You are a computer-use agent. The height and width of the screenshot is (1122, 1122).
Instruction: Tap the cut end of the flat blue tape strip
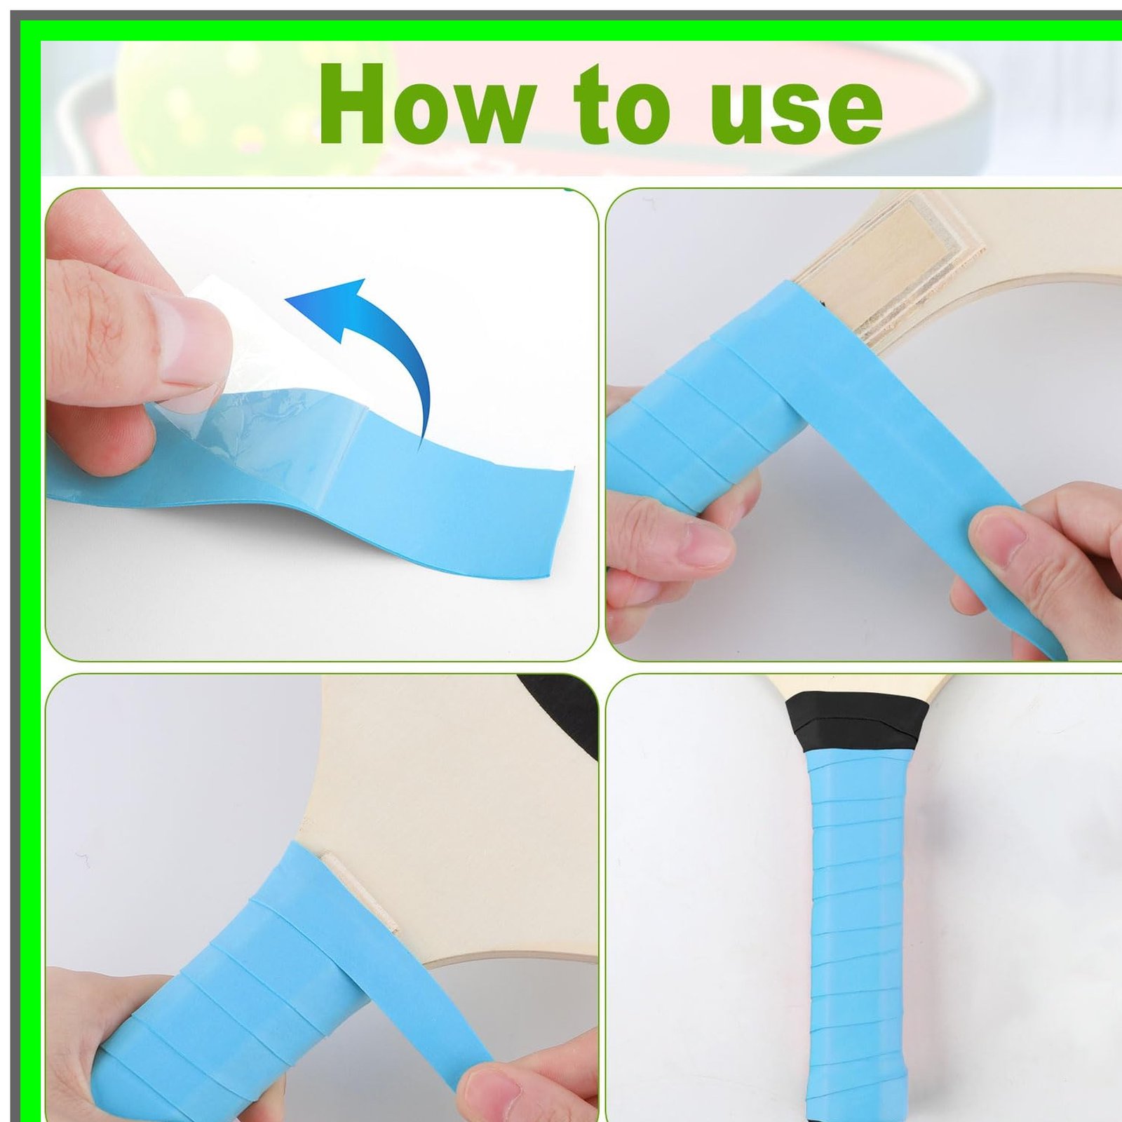(561, 522)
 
